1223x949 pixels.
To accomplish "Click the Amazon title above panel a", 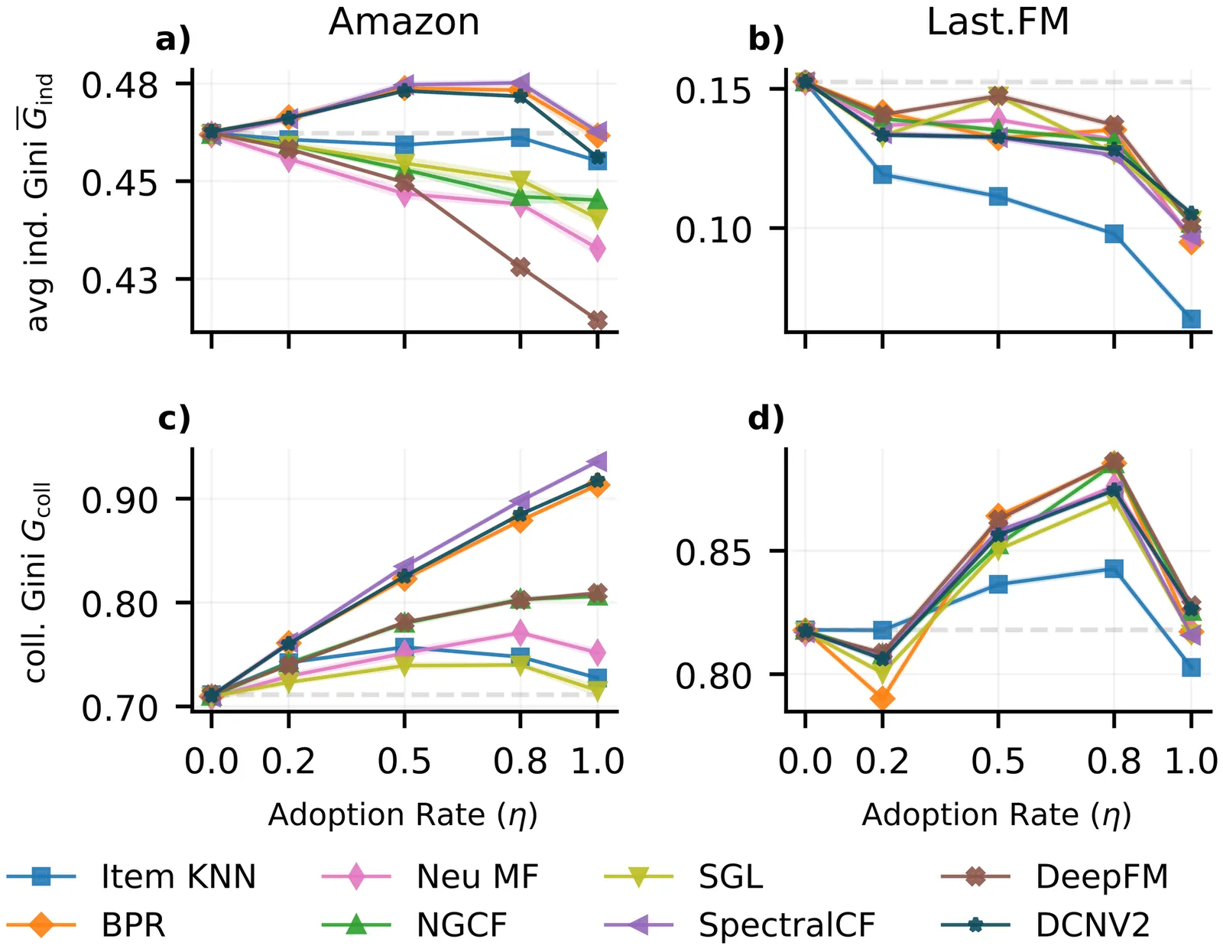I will [x=404, y=21].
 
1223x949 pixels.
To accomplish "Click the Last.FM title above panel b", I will [x=998, y=21].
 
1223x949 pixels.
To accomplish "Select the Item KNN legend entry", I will [x=178, y=876].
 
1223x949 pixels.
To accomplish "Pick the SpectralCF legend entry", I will [x=787, y=925].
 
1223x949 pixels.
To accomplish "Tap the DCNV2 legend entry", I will [x=1092, y=925].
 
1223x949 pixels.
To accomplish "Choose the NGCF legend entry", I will [x=462, y=925].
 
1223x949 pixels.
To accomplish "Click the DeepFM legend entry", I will [x=1101, y=876].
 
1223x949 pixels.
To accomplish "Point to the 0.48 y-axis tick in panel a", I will [x=120, y=84].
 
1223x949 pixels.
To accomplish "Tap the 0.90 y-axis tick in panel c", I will [x=120, y=499].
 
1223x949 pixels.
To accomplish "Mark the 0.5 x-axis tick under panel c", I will [x=404, y=762].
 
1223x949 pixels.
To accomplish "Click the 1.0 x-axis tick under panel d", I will [x=1190, y=762].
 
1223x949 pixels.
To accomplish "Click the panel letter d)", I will [x=766, y=418].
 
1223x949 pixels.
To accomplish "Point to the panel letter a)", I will [x=173, y=40].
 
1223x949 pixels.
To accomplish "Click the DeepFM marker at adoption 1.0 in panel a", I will [x=598, y=320].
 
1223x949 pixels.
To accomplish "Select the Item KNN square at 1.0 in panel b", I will [x=1191, y=319].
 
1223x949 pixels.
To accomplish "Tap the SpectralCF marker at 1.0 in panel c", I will [x=598, y=461].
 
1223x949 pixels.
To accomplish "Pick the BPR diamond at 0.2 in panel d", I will [x=882, y=698].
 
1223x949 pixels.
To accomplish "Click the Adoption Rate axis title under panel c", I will [x=403, y=815].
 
